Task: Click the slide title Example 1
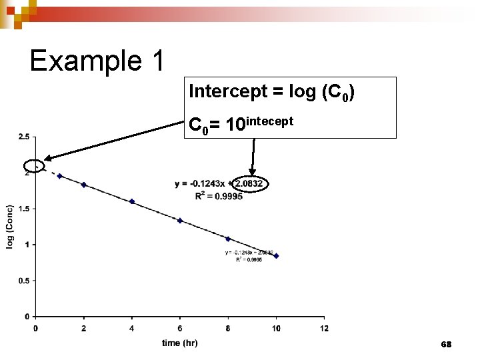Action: (97, 61)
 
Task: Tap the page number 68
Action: (446, 344)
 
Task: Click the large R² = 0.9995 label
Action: (219, 196)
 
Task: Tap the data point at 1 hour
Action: (60, 176)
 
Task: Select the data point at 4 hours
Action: (132, 201)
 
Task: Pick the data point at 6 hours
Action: (180, 221)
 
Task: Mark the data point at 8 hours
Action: (228, 239)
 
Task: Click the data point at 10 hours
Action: (276, 256)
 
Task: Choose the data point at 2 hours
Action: (84, 185)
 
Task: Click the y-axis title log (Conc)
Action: (11, 227)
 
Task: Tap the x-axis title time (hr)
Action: (179, 343)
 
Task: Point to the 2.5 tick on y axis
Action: (23, 137)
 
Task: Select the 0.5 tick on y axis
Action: (23, 281)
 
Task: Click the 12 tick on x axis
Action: (324, 327)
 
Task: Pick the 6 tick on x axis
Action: (180, 327)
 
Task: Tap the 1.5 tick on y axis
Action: (23, 209)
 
